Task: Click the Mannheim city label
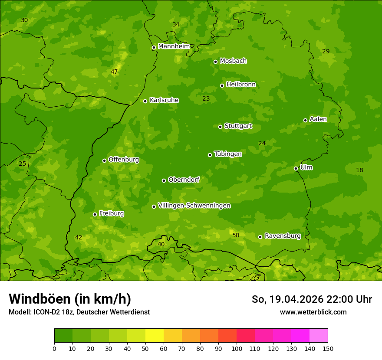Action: [174, 46]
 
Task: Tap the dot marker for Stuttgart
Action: [220, 127]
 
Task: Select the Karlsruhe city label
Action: [164, 100]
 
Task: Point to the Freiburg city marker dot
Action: [95, 214]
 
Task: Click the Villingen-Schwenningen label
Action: [194, 206]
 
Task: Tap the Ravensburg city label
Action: [283, 236]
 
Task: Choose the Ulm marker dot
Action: [296, 168]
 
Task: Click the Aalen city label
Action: [318, 119]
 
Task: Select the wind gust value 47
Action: [114, 72]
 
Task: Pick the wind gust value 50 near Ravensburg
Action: [236, 235]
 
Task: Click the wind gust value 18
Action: [359, 170]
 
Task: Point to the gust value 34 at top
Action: [176, 24]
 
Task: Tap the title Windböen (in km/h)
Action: [70, 299]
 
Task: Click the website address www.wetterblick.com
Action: [313, 312]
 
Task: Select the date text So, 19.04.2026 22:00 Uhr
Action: [312, 299]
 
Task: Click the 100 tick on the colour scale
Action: [237, 348]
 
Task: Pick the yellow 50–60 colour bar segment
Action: [155, 336]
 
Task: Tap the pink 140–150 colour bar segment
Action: [319, 336]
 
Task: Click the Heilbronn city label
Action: [241, 85]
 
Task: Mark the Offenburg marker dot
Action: [104, 160]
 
